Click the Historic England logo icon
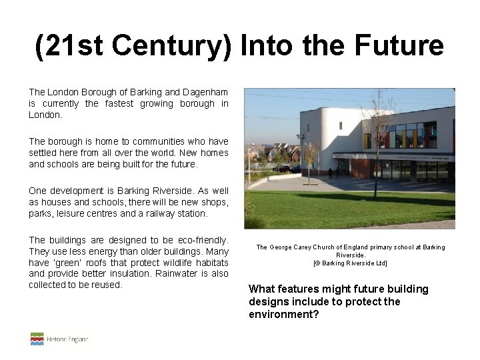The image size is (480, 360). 37,339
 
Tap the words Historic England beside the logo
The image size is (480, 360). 67,339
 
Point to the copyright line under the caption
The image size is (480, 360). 350,263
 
